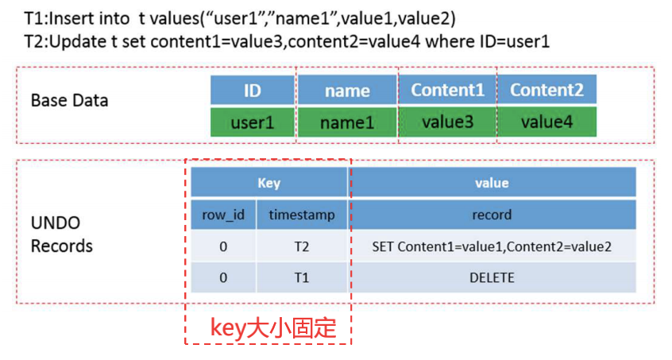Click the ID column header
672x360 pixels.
point(253,90)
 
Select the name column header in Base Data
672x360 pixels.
point(347,90)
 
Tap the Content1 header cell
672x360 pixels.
point(447,90)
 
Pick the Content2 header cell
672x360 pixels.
point(546,90)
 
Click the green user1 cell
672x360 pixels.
point(253,122)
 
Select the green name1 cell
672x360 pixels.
point(347,122)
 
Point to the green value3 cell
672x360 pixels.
point(447,122)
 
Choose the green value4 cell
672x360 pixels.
point(546,122)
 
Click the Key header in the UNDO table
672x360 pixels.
point(268,183)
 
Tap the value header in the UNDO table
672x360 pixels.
point(492,183)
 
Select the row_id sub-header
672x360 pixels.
point(223,215)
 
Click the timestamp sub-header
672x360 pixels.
point(302,215)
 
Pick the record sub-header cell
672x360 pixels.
point(492,215)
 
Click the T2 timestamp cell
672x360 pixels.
point(302,246)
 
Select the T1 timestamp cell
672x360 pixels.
point(302,277)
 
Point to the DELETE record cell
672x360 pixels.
point(492,277)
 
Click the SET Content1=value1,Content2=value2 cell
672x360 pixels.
point(492,246)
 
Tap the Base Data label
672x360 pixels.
point(69,100)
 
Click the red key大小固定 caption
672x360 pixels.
point(273,328)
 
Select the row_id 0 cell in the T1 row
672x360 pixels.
point(223,277)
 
